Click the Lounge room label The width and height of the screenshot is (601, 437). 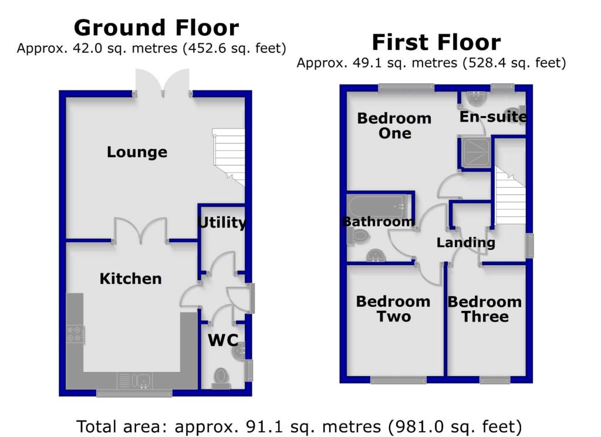[137, 153]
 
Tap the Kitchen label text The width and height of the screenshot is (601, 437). [130, 279]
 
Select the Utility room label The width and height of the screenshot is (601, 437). [221, 223]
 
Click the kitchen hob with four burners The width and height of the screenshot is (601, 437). [75, 334]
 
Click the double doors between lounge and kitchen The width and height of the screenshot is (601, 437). [140, 231]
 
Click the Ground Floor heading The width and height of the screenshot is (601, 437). [156, 28]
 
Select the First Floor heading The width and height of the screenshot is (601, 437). [436, 42]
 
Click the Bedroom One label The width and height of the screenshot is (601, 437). [394, 126]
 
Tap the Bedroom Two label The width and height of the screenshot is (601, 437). [393, 309]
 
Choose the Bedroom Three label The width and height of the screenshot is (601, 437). [484, 309]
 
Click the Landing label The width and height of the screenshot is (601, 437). [465, 242]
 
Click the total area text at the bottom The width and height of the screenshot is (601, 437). [299, 425]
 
